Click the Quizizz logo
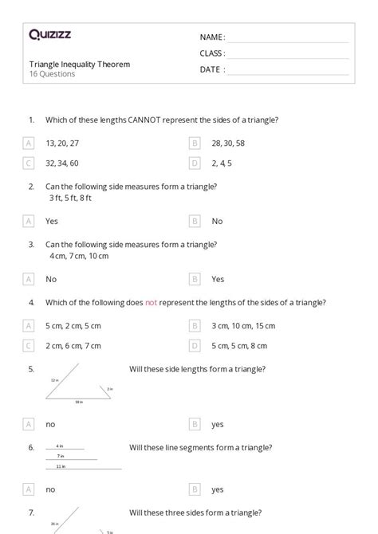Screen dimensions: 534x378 (50, 34)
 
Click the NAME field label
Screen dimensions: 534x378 (212, 37)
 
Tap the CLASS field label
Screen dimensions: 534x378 (212, 53)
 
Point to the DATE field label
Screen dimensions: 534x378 (211, 69)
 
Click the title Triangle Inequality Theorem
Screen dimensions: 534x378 (80, 64)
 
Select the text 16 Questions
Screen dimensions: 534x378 (53, 74)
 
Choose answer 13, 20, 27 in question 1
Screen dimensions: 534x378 (62, 143)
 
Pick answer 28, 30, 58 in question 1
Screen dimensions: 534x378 (228, 143)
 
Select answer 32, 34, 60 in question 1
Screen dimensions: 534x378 (62, 163)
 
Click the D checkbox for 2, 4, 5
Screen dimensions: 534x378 (195, 163)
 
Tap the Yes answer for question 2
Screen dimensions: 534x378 (52, 221)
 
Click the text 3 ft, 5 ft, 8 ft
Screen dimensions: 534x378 (70, 198)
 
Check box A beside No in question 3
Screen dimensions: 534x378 (29, 279)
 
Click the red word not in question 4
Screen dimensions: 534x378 (152, 303)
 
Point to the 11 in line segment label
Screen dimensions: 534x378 (60, 465)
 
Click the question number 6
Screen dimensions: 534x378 (31, 447)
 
